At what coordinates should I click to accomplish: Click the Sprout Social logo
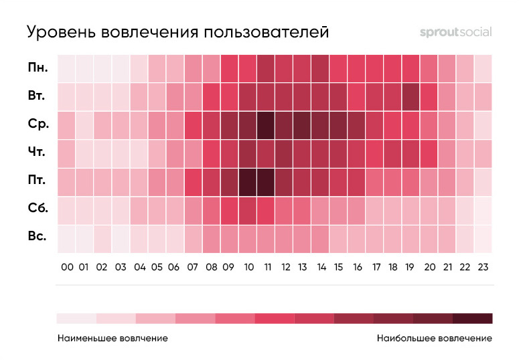pos(455,31)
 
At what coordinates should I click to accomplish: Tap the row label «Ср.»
pos(37,124)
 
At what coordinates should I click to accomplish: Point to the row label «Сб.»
pos(37,209)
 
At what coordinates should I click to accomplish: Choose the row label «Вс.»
pos(37,238)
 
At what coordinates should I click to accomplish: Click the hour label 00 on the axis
pos(67,267)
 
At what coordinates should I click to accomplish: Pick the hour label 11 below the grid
pos(266,267)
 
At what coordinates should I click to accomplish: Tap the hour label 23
pos(483,267)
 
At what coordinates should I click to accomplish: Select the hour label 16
pos(357,267)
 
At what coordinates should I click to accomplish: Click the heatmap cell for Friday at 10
pos(248,181)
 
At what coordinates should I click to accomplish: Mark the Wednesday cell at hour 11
pos(266,124)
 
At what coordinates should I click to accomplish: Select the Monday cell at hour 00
pos(67,68)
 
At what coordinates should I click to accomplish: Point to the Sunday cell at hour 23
pos(483,238)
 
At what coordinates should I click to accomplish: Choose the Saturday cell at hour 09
pos(230,209)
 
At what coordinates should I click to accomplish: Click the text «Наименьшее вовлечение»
pos(113,338)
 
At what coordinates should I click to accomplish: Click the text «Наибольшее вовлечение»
pos(434,338)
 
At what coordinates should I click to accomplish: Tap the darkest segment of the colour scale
pos(472,318)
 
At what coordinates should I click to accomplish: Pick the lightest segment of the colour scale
pos(76,318)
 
